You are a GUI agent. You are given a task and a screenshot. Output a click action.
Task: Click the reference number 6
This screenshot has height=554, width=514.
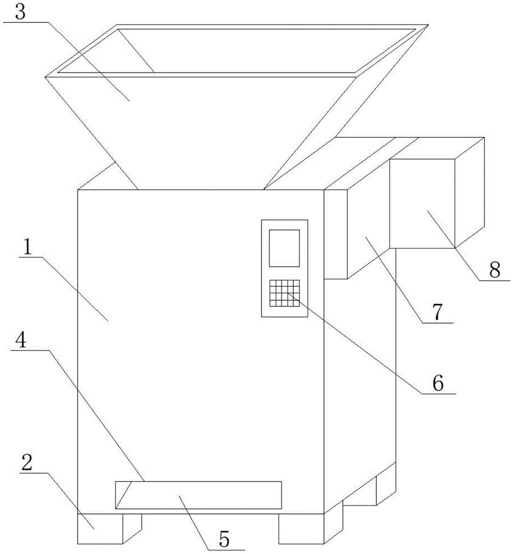click(438, 383)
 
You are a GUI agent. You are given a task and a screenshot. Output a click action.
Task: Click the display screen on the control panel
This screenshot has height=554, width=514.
click(284, 247)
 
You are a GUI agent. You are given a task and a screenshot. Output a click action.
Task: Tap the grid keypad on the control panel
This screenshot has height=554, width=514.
click(284, 293)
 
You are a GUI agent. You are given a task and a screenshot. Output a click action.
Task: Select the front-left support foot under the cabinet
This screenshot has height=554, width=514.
click(100, 529)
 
